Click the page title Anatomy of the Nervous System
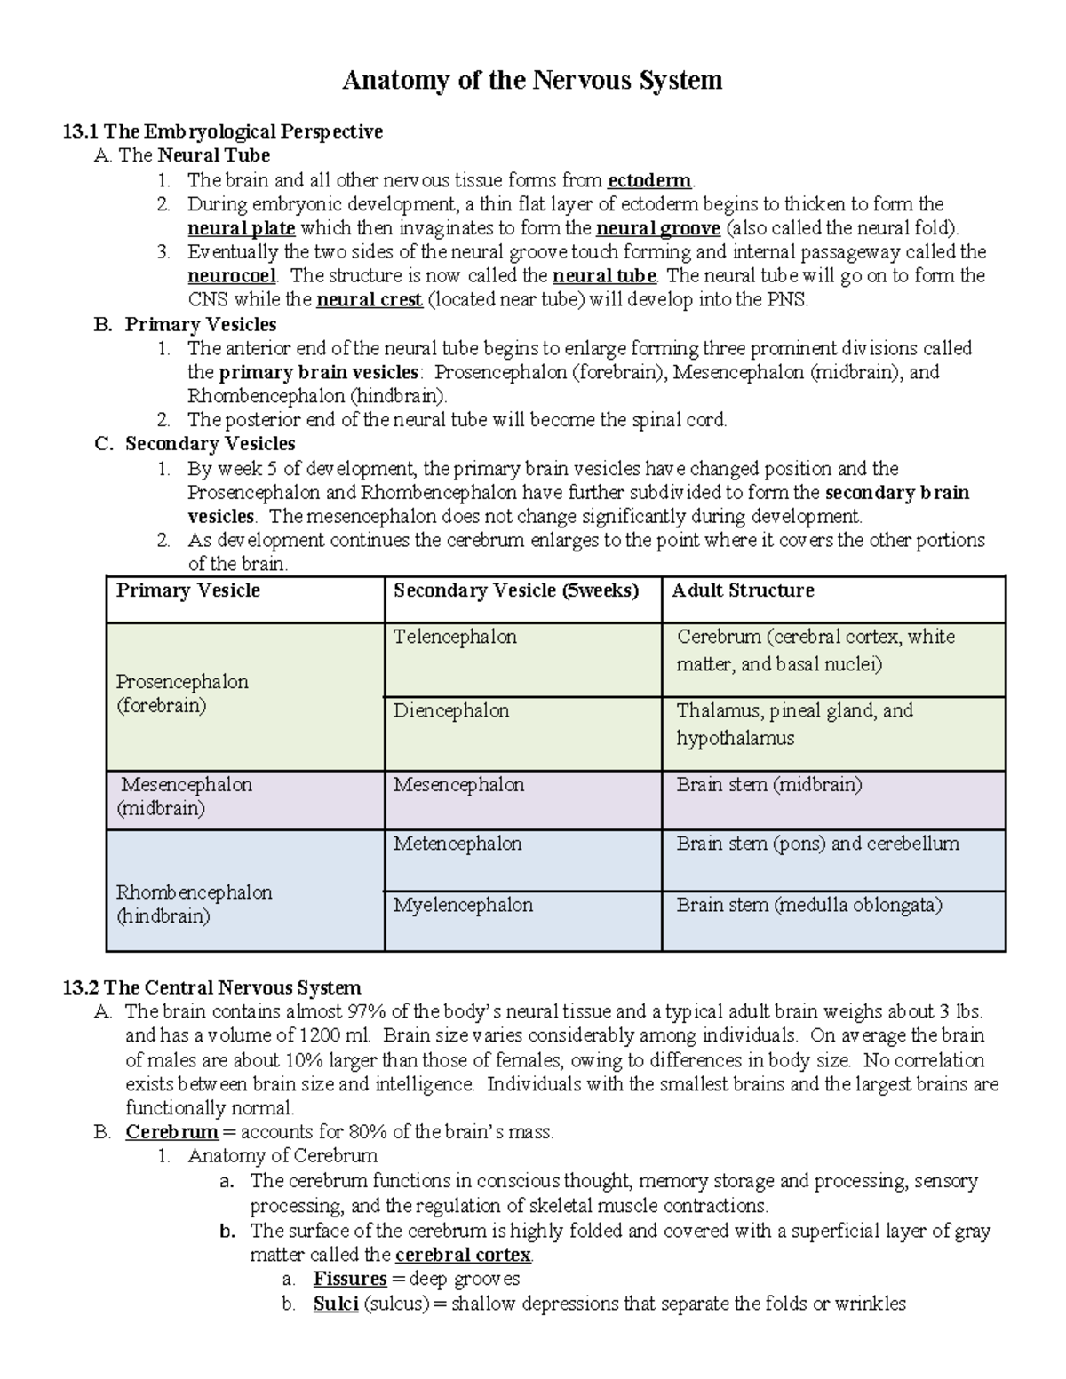532,81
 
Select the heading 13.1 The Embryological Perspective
223,131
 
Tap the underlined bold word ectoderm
648,180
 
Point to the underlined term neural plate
241,228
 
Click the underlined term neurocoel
232,276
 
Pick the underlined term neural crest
369,300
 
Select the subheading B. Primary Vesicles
186,324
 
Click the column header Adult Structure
743,590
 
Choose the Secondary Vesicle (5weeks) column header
516,590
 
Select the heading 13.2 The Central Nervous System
212,987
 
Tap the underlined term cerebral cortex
463,1256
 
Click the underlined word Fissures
349,1280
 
